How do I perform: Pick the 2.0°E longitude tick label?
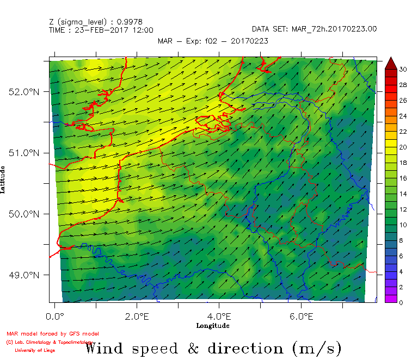tap(137, 316)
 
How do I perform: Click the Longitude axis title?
tap(213, 326)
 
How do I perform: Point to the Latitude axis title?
tap(4, 180)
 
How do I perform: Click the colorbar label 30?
tap(403, 70)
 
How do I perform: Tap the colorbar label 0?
tap(401, 302)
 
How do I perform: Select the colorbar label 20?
tap(403, 147)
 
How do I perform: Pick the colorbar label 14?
tap(403, 194)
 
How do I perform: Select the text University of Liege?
tap(35, 350)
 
